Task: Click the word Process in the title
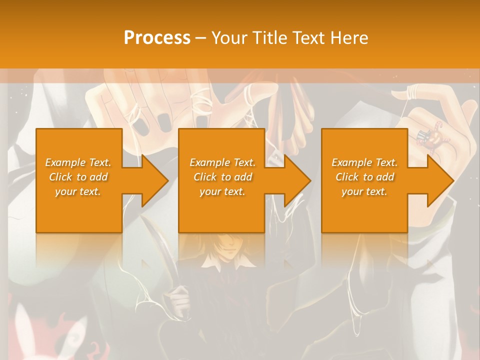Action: click(157, 37)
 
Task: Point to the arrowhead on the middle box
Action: click(297, 180)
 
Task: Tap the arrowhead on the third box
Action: click(440, 180)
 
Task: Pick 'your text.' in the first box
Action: click(78, 191)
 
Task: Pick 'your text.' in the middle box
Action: click(222, 191)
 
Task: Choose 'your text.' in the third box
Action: click(364, 191)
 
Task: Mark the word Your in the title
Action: click(230, 37)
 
